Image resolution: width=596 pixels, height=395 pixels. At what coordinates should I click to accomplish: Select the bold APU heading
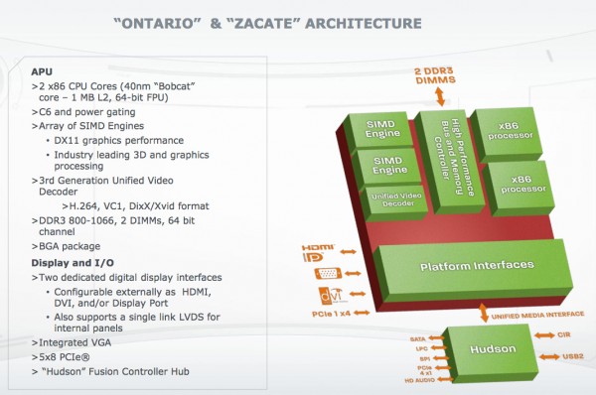(x=41, y=71)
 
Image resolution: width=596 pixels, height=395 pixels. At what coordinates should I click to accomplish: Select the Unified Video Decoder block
(x=395, y=198)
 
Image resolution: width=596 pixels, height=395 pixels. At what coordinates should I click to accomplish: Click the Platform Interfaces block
(x=462, y=265)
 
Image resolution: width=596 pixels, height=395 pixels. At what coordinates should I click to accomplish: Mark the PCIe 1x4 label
(x=328, y=313)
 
